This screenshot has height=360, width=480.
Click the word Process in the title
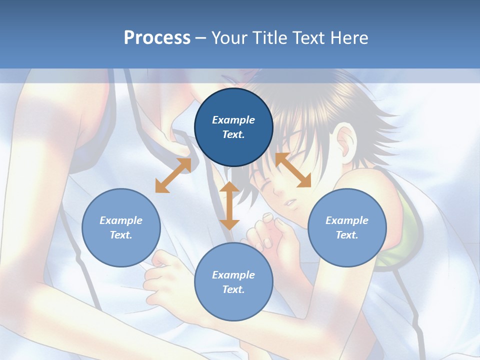pyautogui.click(x=157, y=38)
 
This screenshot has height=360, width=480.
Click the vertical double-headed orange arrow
pyautogui.click(x=229, y=205)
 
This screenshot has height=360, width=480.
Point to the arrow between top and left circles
pyautogui.click(x=173, y=175)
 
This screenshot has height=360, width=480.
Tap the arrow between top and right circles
pyautogui.click(x=293, y=170)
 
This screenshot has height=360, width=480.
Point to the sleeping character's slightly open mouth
pyautogui.click(x=290, y=202)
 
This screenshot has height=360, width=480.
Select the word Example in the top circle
pyautogui.click(x=233, y=120)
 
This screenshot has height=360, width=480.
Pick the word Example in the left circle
pyautogui.click(x=121, y=220)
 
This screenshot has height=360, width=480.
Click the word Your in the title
pyautogui.click(x=228, y=38)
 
